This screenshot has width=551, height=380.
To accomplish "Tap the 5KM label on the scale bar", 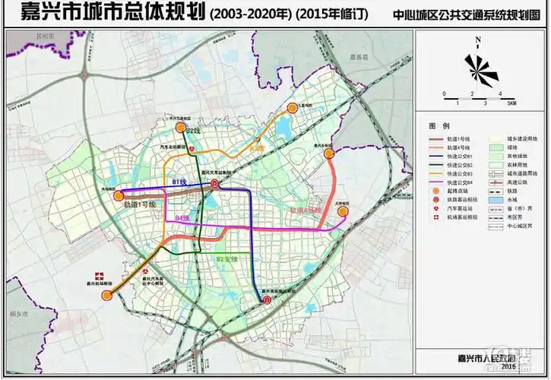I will pyautogui.click(x=511, y=103).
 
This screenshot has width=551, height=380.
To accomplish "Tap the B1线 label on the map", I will pyautogui.click(x=180, y=182).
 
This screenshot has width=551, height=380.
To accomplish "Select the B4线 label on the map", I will pyautogui.click(x=182, y=217).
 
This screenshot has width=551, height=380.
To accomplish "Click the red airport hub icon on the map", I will pyautogui.click(x=97, y=275).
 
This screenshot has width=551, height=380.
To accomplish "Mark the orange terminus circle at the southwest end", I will pyautogui.click(x=108, y=296).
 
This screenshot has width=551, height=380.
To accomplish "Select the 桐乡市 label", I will pyautogui.click(x=21, y=312).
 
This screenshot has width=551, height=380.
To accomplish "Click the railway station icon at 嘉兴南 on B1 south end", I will pyautogui.click(x=267, y=301).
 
